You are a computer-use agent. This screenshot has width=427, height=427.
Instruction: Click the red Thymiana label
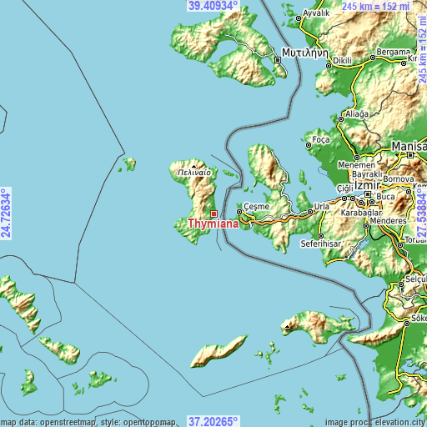click(213, 224)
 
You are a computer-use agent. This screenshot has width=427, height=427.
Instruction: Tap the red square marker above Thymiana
click(213, 213)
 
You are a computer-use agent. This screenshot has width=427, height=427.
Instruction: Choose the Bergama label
click(394, 52)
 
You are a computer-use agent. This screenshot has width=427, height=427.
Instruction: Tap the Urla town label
click(321, 205)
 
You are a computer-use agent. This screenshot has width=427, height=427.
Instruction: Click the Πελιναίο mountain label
click(193, 172)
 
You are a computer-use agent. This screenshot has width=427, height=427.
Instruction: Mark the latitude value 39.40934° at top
click(213, 6)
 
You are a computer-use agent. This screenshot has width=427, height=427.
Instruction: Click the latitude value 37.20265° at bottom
click(213, 421)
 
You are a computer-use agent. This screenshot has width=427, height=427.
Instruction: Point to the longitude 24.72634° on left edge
click(6, 213)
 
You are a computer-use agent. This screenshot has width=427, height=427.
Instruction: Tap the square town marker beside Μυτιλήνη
click(278, 59)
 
